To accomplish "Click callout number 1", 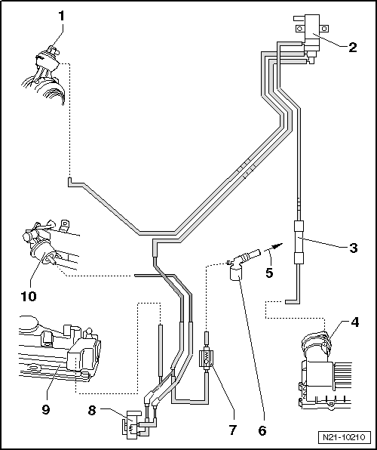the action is click(x=62, y=17).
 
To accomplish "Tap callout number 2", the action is click(x=353, y=47).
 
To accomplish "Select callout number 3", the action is click(x=353, y=248).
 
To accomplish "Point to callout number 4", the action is click(x=354, y=322).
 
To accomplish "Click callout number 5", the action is click(x=269, y=273).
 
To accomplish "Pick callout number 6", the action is click(x=262, y=430).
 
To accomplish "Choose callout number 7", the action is click(x=232, y=430).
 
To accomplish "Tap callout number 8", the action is click(x=92, y=411).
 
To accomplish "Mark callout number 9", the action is click(x=45, y=409).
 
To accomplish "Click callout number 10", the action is click(x=29, y=296).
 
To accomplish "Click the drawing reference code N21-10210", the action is click(x=344, y=438).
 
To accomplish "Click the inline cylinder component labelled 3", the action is click(x=299, y=242).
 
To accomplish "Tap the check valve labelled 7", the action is click(x=206, y=358).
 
